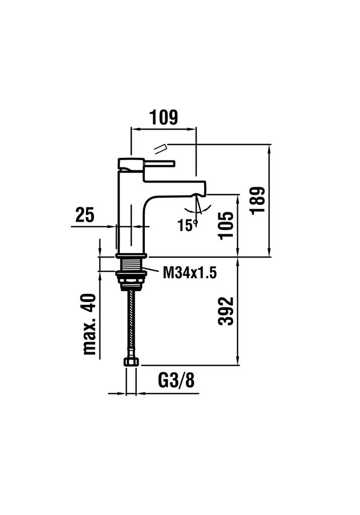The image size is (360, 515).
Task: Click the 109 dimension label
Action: point(163,117)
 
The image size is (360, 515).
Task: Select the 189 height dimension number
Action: point(257,200)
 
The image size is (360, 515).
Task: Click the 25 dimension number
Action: point(85,215)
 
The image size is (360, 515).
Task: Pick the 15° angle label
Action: point(188,225)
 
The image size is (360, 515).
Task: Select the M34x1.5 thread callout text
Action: point(190,272)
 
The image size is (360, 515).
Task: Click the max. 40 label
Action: point(89,324)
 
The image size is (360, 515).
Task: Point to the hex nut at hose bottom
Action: point(131,362)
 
